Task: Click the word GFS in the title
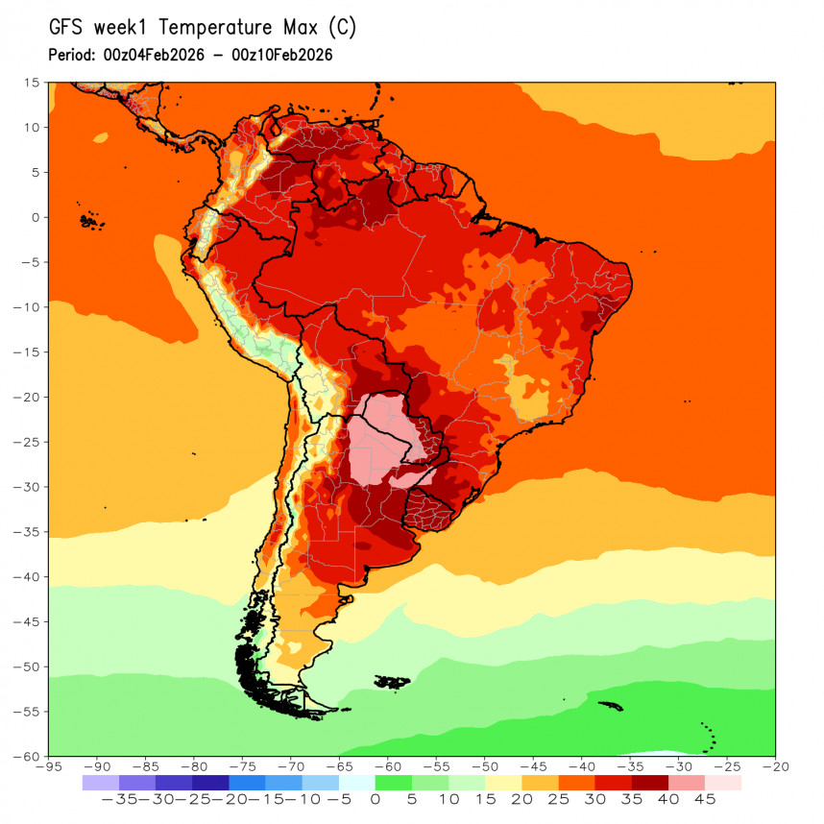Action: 70,29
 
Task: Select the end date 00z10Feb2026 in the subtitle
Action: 282,55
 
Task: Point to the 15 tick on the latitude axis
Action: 33,83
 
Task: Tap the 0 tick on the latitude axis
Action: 36,217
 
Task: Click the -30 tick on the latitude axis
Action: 28,487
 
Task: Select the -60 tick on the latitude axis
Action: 28,756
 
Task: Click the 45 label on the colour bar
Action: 705,799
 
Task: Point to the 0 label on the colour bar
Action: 376,799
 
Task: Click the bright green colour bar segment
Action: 394,783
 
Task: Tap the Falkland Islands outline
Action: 391,683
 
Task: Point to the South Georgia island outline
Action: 611,706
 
